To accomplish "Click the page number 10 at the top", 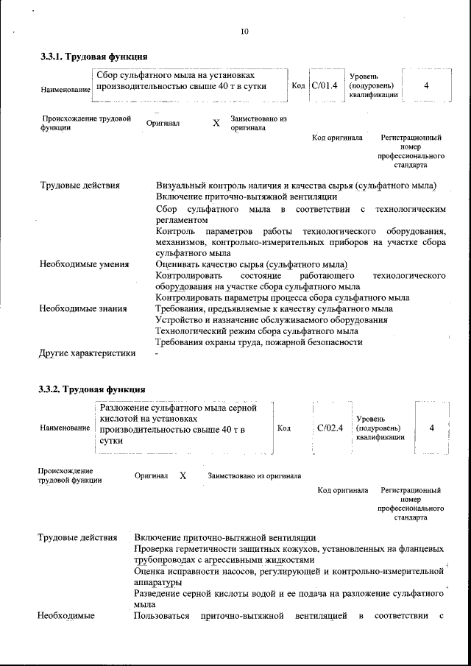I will pos(244,31).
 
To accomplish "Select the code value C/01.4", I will pos(324,86).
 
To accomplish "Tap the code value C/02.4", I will pos(330,428).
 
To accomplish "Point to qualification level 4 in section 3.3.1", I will pos(426,85).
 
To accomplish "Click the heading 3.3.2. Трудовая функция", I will pos(92,389).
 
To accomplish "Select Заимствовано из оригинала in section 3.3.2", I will pos(254,476).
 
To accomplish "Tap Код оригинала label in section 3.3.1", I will pos(337,138).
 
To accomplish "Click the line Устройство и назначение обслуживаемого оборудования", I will pos(272,320).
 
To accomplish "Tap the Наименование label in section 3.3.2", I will pos(65,428).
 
